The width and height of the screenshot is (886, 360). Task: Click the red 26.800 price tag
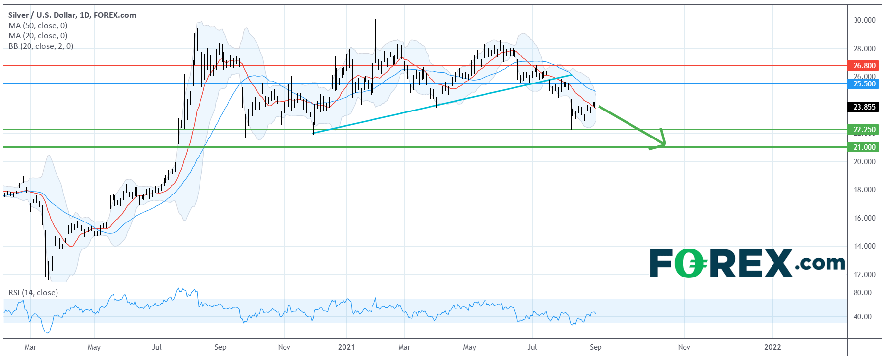(863, 65)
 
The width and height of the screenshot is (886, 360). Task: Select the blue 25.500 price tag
(863, 84)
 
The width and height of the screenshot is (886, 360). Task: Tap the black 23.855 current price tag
(863, 107)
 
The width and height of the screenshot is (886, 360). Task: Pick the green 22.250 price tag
(863, 130)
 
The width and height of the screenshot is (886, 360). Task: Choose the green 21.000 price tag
(863, 147)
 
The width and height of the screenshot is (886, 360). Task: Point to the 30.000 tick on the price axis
(864, 20)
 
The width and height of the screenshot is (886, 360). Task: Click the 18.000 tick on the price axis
(864, 190)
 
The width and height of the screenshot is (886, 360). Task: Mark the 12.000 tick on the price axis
(864, 275)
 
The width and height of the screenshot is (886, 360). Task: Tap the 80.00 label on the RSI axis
(862, 293)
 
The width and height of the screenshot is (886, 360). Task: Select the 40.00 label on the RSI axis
(862, 317)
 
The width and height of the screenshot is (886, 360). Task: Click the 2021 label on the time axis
(346, 347)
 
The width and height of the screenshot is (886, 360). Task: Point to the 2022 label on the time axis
(772, 347)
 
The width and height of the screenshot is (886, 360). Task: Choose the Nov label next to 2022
(684, 347)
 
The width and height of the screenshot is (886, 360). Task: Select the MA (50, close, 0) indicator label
(38, 26)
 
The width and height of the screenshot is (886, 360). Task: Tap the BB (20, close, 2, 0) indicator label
(41, 46)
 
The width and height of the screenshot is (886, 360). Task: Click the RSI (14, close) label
(33, 293)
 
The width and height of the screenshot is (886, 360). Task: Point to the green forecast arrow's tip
(665, 144)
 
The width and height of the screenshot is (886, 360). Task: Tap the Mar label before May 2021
(404, 347)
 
